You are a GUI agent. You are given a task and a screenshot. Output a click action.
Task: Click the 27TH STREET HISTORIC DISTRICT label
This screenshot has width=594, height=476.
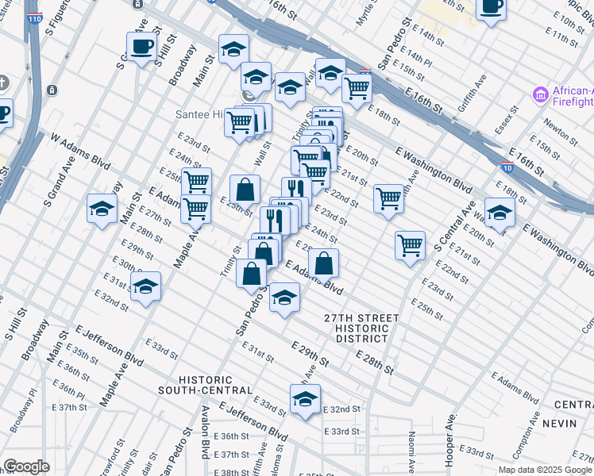(361, 328)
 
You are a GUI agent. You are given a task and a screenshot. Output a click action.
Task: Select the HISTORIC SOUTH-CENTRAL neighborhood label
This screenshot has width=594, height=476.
(205, 385)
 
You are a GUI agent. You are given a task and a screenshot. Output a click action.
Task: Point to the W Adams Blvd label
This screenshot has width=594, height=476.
(79, 148)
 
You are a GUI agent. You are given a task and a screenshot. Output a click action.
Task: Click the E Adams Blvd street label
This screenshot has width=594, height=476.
(314, 278)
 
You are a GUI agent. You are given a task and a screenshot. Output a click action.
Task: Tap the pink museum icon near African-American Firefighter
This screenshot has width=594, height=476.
(541, 95)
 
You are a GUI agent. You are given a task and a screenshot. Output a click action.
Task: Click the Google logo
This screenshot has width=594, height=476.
(26, 466)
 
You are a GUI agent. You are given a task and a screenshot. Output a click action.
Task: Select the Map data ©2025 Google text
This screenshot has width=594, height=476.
(545, 470)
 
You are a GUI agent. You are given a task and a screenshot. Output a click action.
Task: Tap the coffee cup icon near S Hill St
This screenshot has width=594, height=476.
(141, 47)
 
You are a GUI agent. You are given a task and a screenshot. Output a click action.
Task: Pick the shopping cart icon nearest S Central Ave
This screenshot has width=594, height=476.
(410, 245)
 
